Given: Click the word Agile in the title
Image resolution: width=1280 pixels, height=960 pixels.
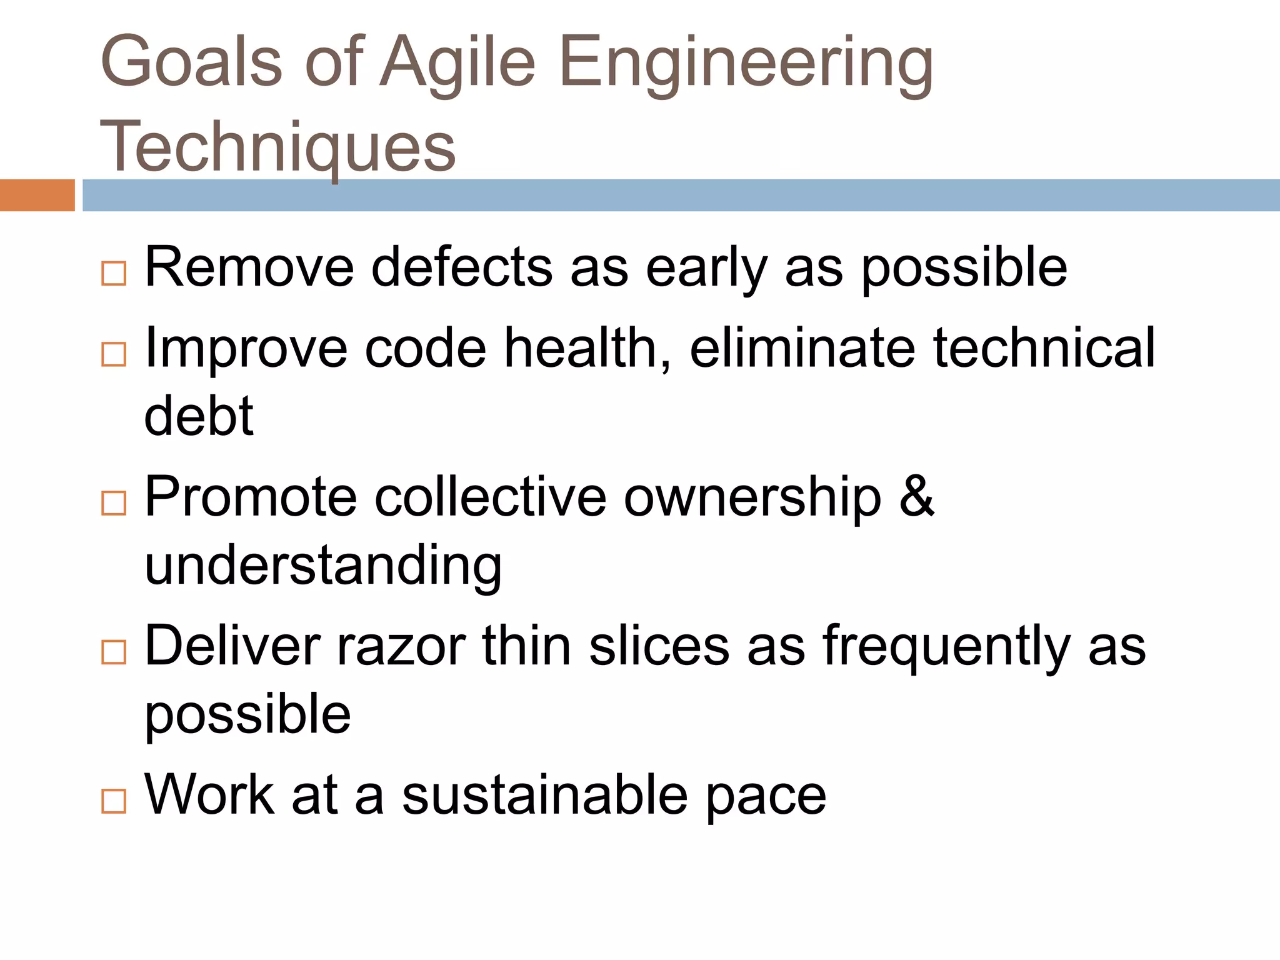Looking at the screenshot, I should (457, 62).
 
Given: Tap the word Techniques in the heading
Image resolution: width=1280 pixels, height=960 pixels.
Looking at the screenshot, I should (278, 147).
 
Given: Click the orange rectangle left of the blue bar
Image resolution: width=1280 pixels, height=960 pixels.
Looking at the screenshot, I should (37, 195).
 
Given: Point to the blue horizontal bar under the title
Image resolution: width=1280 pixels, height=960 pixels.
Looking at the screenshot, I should (681, 195).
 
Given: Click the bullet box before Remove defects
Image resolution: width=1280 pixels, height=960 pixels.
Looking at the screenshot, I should (114, 274).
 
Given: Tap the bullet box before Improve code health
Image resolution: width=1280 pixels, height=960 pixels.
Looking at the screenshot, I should (114, 354).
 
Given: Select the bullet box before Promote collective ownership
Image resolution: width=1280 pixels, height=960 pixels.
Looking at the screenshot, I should (114, 503).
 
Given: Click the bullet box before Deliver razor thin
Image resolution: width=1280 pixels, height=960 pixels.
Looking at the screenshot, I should (114, 652).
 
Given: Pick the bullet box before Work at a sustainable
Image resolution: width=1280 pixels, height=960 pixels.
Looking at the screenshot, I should (114, 801).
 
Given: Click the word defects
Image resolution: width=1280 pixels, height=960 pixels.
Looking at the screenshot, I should (462, 267).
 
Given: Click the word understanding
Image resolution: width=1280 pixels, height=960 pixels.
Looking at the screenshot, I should (323, 566).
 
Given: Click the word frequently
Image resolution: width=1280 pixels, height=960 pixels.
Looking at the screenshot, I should (946, 647).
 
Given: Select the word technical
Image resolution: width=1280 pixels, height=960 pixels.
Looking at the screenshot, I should (1044, 348).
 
